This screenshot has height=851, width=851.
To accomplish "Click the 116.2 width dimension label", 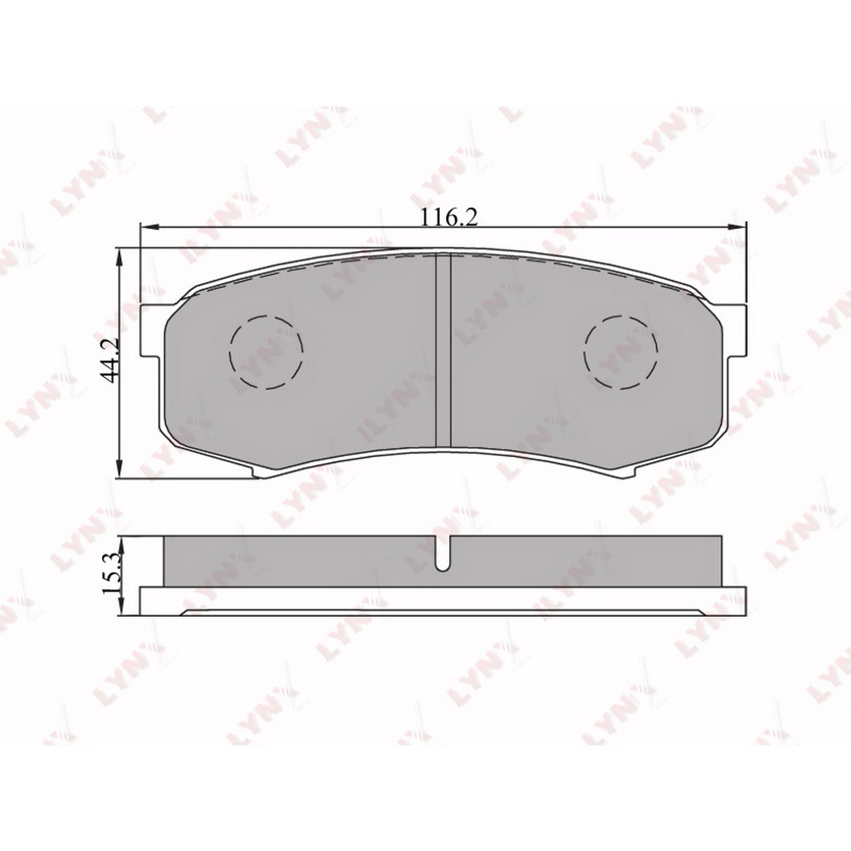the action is [443, 218].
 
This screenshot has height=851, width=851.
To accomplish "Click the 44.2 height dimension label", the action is [112, 362].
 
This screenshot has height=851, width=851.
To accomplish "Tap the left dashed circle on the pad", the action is [266, 352].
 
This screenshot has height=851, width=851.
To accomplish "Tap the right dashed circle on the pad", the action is [621, 352].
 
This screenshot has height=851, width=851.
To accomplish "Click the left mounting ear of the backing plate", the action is [152, 331].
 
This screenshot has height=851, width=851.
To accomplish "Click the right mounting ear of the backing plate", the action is [734, 331].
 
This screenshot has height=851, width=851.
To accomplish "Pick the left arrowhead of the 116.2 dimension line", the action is [148, 226].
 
